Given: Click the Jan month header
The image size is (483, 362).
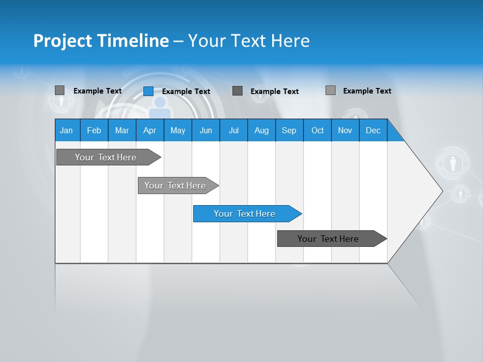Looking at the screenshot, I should click(x=66, y=130).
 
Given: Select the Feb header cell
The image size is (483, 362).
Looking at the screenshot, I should click(x=94, y=130).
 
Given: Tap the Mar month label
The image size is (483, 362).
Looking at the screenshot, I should click(x=122, y=130).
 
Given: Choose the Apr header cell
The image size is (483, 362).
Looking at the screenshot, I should click(x=149, y=130).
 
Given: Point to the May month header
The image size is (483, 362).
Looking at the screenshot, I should click(x=178, y=130).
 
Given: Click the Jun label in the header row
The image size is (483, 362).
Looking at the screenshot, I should click(x=206, y=130).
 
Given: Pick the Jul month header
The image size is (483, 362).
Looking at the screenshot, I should click(x=233, y=130).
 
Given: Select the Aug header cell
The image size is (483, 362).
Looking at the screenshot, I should click(x=261, y=130).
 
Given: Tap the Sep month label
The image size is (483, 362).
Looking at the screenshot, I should click(x=289, y=130).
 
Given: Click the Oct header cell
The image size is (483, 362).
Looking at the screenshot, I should click(x=317, y=130).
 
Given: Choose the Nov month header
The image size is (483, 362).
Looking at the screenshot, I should click(x=345, y=130).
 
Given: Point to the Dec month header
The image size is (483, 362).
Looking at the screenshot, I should click(x=373, y=130).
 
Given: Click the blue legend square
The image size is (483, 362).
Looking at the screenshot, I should click(x=148, y=91).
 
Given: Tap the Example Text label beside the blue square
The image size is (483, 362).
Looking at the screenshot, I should click(x=186, y=92).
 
